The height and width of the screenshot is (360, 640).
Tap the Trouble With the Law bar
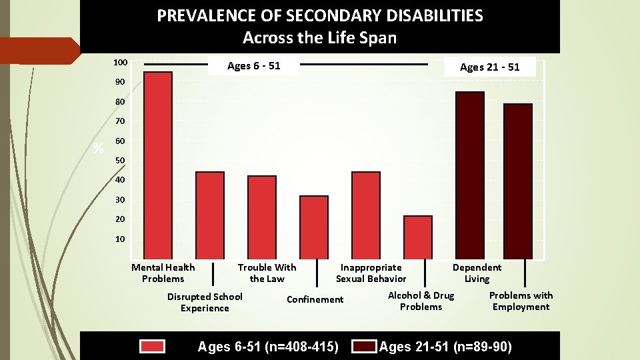[262, 217]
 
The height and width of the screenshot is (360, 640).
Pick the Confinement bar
[314, 227]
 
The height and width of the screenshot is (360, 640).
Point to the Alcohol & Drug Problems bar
[418, 237]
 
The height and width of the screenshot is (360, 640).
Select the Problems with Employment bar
[518, 181]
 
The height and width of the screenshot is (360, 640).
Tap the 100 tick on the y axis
[120, 63]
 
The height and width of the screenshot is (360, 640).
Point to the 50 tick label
[120, 161]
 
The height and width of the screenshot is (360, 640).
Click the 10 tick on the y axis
[120, 239]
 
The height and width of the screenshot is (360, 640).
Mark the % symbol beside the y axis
[99, 149]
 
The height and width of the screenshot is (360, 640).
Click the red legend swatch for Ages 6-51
[152, 346]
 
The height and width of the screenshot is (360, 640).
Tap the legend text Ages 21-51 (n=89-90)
[445, 346]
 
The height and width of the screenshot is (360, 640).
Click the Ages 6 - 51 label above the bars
[253, 65]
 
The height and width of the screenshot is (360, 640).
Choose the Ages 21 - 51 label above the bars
[489, 67]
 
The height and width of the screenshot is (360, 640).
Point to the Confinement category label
[315, 299]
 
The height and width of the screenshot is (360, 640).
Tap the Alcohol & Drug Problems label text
[421, 301]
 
